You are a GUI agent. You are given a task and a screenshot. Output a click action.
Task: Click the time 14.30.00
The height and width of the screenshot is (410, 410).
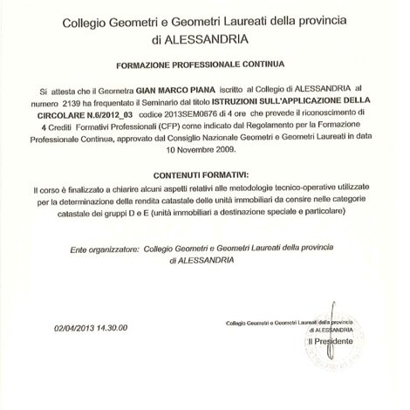(x=127, y=329)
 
